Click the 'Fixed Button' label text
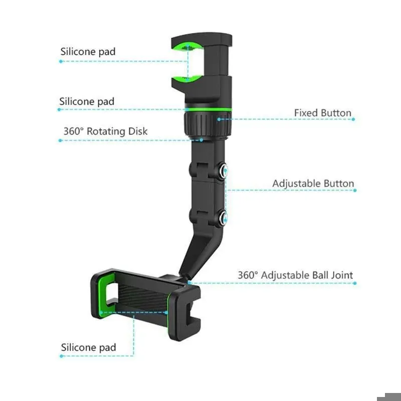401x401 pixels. (x=323, y=113)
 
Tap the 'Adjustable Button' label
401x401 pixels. (x=313, y=183)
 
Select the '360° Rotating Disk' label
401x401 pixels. (x=105, y=131)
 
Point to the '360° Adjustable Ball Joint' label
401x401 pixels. (x=295, y=275)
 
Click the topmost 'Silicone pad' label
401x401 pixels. (x=88, y=52)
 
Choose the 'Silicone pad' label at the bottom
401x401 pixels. (x=89, y=347)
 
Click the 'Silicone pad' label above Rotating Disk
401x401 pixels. (x=87, y=102)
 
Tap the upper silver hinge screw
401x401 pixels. (x=224, y=169)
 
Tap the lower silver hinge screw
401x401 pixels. (x=224, y=218)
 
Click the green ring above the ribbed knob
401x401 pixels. (x=208, y=109)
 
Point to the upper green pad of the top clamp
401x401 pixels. (x=187, y=47)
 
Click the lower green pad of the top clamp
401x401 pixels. (x=187, y=79)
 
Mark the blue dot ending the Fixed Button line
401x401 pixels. (x=353, y=119)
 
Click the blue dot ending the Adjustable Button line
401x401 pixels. (x=355, y=190)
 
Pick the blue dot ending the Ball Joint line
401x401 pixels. (x=355, y=283)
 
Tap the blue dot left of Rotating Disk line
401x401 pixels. (x=60, y=140)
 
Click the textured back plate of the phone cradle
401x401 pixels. (x=142, y=297)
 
